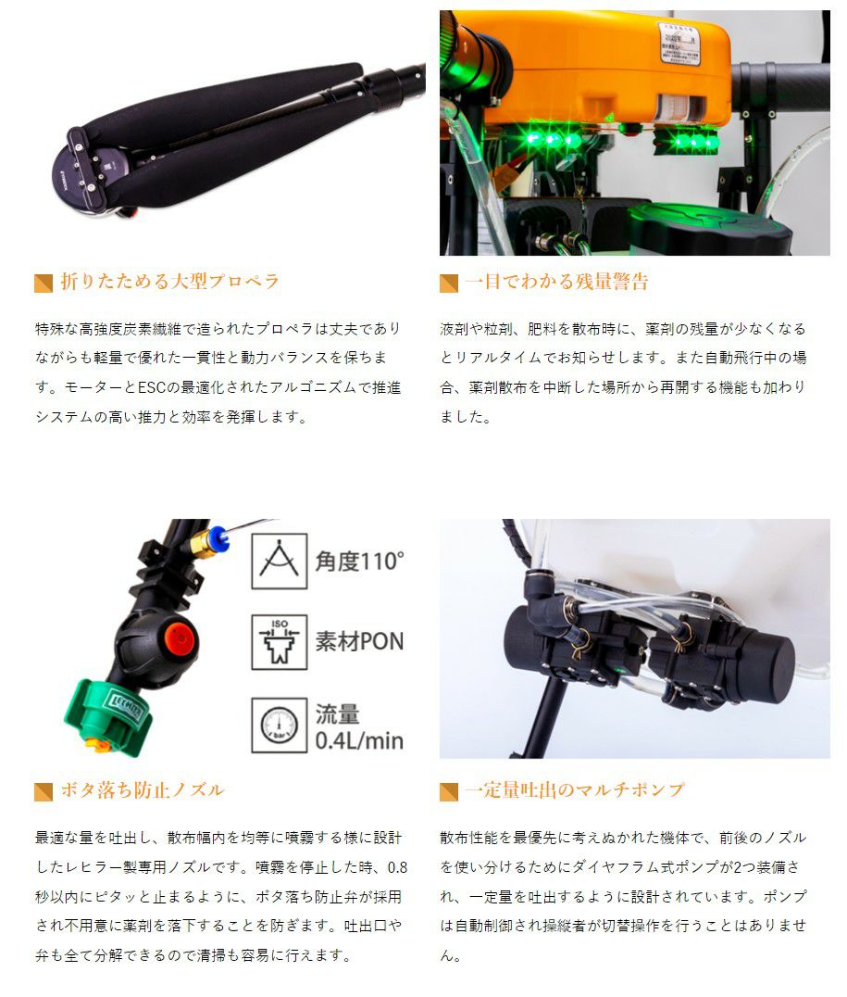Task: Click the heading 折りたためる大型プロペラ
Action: point(169,281)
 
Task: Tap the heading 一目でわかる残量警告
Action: point(556,281)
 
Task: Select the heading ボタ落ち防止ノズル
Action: point(143,789)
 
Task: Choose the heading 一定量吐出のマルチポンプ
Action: point(575,789)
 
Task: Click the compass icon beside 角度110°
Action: point(280,561)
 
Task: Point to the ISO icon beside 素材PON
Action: point(280,641)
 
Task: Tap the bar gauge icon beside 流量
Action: point(280,726)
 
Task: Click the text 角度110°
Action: point(360,561)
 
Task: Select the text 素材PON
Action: point(360,641)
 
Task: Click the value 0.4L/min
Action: point(360,740)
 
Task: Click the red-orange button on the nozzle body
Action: point(179,637)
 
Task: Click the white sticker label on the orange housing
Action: point(679,44)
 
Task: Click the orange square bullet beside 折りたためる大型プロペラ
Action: point(44,283)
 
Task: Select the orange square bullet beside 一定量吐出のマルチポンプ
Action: point(449,791)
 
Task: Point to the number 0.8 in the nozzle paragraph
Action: point(397,867)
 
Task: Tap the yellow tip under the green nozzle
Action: point(96,745)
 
